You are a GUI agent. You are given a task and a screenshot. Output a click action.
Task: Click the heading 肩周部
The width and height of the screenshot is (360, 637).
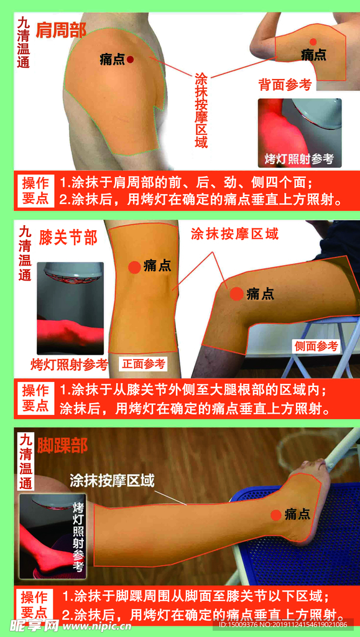coord(60,30)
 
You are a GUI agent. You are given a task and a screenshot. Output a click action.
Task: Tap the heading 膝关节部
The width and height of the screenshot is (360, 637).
coord(68,238)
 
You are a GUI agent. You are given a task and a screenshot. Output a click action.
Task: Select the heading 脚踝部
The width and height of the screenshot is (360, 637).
coord(62,445)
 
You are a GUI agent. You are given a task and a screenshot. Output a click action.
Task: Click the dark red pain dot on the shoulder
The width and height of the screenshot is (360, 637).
coord(130,59)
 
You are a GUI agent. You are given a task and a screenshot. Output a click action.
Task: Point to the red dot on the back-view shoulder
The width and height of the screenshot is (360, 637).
coord(313,42)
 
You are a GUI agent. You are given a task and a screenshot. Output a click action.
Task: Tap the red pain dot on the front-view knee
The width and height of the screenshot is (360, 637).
coord(134,267)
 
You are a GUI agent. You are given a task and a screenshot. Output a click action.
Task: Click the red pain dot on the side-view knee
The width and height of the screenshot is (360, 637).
coord(237,294)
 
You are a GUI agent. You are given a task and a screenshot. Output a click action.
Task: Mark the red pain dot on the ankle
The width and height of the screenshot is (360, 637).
coord(276,514)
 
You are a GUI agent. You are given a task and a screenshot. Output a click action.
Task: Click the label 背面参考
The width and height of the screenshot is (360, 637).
coord(285,85)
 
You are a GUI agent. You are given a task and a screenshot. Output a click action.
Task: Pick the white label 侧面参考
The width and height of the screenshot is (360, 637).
coord(316,346)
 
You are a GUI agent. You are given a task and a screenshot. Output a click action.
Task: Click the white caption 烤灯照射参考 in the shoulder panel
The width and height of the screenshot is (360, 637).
coord(300,159)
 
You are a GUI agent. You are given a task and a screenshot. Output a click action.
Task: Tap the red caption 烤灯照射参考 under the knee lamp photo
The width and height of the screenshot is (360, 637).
coord(70,365)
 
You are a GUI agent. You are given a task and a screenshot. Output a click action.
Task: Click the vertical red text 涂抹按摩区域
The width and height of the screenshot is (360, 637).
coord(201,109)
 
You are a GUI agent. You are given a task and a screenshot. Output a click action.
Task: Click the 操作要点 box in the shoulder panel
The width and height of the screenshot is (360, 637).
coord(36,191)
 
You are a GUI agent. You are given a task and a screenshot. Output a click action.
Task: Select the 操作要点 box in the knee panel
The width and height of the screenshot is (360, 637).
coord(36,398)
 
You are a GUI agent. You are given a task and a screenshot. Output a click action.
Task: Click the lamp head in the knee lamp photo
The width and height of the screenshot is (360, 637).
coord(71,272)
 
